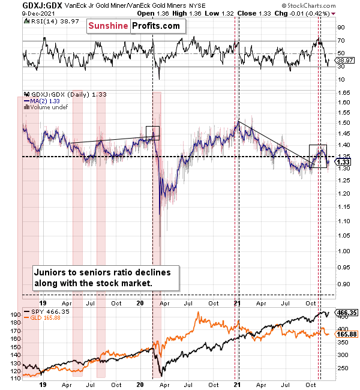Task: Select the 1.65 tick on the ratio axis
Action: pos(343,93)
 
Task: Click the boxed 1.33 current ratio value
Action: pos(344,162)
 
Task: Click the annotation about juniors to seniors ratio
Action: pos(103,277)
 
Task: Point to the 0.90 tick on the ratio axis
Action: pos(343,284)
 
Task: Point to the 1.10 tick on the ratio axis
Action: pos(343,221)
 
